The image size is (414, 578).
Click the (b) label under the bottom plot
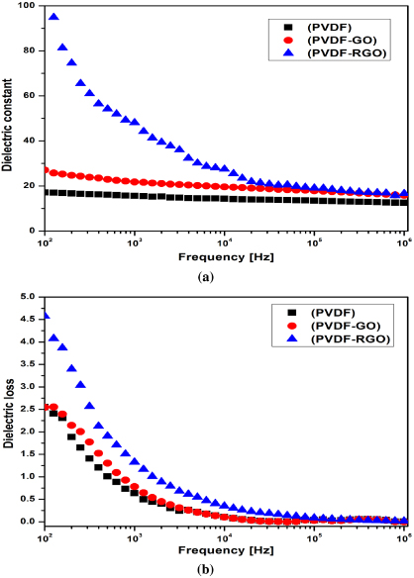pyautogui.click(x=225, y=570)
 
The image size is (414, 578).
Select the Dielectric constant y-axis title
pyautogui.click(x=9, y=117)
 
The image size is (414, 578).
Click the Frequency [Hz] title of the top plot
pyautogui.click(x=225, y=258)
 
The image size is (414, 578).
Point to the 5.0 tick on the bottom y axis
pyautogui.click(x=29, y=296)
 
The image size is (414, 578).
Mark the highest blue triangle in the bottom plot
pyautogui.click(x=46, y=316)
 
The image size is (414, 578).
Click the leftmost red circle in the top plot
pyautogui.click(x=46, y=170)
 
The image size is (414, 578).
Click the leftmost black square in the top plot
pyautogui.click(x=46, y=192)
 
